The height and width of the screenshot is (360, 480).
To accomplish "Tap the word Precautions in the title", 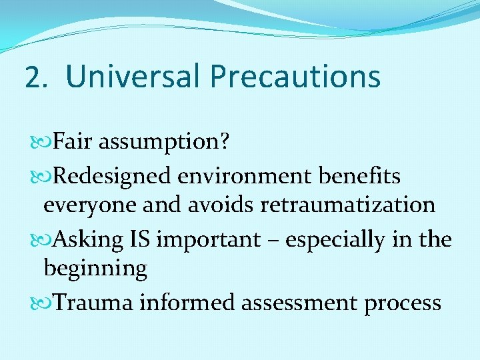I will tap(295, 76).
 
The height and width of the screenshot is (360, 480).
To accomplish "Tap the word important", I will tap(208, 239).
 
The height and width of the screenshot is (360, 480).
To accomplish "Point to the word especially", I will tap(333, 239).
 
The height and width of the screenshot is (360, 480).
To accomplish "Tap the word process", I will tap(404, 303).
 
